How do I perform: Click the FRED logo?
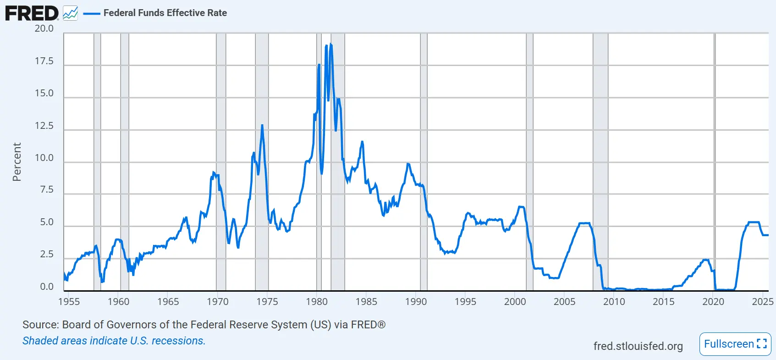point(32,13)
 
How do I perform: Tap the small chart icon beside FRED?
point(70,13)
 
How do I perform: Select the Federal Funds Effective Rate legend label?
point(165,13)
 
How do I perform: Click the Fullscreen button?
point(735,344)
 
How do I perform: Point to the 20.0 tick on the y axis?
point(44,28)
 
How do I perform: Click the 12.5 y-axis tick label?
point(44,126)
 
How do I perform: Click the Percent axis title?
point(17,162)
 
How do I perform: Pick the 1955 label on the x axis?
point(69,302)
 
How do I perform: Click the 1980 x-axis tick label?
point(317,302)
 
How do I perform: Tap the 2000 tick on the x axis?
point(515,302)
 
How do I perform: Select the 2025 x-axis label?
point(762,302)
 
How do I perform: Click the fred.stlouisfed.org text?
point(638,346)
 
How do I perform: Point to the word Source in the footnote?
point(40,325)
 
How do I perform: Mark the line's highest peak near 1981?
point(330,44)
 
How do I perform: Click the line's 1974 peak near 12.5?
point(262,125)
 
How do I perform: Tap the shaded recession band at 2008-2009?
point(600,161)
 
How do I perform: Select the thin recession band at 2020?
point(715,161)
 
